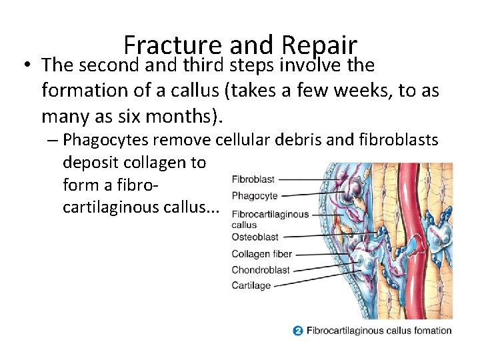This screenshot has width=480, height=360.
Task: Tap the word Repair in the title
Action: (320, 45)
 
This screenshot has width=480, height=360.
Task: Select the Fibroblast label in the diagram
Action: (253, 179)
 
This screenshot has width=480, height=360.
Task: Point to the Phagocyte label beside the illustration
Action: (254, 196)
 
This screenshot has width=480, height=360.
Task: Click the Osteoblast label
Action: (255, 237)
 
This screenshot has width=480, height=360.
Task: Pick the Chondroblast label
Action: (260, 270)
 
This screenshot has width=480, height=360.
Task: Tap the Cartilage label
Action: (251, 286)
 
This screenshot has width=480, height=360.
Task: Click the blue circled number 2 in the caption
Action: (298, 330)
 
